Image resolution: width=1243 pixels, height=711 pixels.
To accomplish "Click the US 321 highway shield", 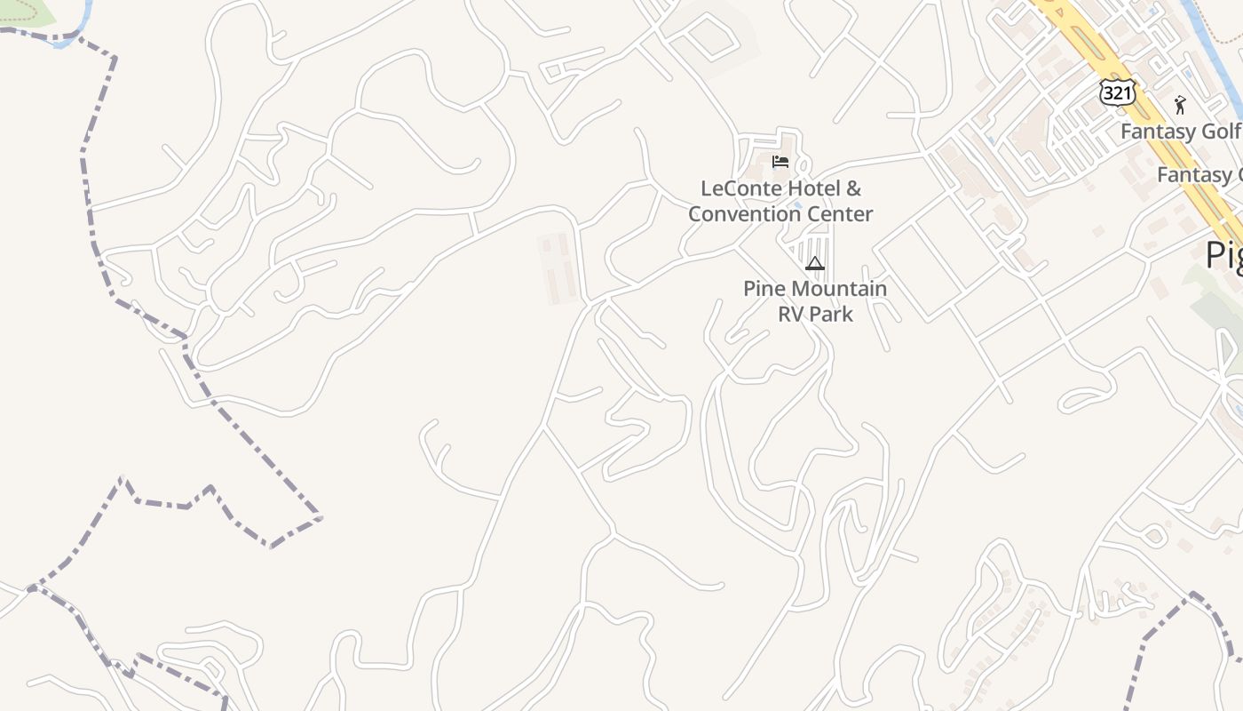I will (x=1116, y=92).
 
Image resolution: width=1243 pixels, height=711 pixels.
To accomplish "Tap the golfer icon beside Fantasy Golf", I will (x=1180, y=105).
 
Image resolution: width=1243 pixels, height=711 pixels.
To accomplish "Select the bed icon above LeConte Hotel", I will (x=780, y=162).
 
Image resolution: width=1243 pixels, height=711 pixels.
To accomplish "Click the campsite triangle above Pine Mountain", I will (x=815, y=263).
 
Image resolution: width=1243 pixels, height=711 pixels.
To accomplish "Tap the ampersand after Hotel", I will (x=853, y=188).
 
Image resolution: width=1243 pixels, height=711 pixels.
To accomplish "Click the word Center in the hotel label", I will (x=839, y=214).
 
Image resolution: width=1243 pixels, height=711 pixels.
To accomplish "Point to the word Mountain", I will (x=838, y=289).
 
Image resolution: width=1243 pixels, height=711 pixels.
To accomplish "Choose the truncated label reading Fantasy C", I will (x=1199, y=175).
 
